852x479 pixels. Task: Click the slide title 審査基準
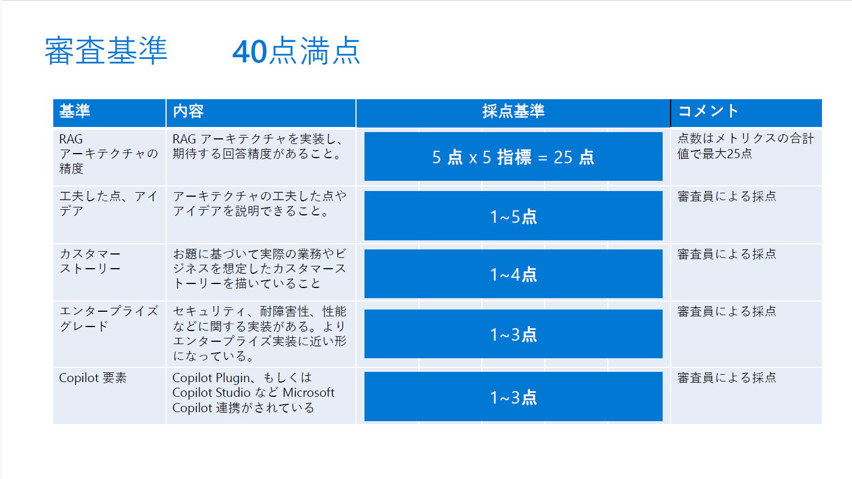click(106, 51)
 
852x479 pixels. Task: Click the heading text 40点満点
click(296, 51)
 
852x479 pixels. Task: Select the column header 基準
click(75, 111)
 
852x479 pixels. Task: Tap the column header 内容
click(188, 111)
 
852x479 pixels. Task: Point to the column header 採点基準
click(514, 111)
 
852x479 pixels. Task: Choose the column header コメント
click(708, 111)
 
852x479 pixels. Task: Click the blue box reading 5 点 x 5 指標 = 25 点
click(514, 156)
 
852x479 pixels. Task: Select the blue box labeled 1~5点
click(514, 216)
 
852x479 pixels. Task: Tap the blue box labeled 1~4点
click(514, 274)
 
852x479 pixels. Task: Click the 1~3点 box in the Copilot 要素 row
click(514, 396)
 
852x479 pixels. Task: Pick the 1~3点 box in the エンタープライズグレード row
click(514, 334)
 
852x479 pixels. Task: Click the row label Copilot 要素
click(93, 378)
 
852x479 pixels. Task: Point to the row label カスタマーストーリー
click(90, 261)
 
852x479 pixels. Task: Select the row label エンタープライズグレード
click(108, 319)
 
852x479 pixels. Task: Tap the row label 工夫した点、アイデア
click(108, 204)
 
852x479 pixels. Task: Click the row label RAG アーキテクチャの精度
click(108, 154)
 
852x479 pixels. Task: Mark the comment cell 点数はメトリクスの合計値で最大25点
click(745, 146)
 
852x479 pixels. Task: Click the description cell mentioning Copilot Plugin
click(253, 393)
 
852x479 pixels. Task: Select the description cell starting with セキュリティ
click(260, 334)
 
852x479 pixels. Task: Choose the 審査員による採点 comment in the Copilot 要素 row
click(727, 378)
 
